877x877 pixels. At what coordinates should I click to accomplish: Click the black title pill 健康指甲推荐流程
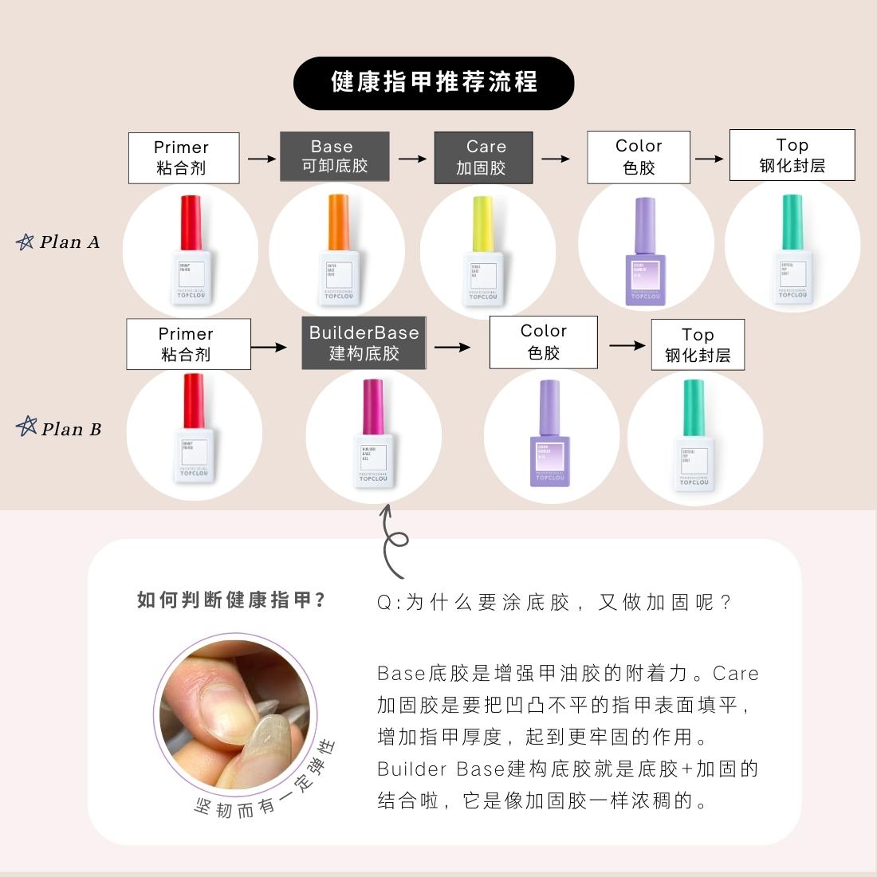[x=434, y=83]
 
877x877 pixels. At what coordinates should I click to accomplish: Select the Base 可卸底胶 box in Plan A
[x=334, y=156]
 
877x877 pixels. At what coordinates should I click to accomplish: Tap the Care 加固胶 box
[x=483, y=157]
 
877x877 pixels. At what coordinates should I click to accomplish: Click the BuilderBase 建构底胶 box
[x=364, y=343]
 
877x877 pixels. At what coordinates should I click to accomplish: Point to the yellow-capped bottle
[x=483, y=251]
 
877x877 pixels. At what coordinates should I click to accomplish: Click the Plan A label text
[x=70, y=242]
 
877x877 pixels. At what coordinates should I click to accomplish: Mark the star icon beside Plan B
[x=26, y=427]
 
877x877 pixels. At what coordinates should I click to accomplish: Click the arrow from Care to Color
[x=556, y=159]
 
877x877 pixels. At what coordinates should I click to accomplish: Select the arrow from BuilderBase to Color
[x=452, y=347]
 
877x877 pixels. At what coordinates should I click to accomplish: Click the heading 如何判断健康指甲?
[x=231, y=600]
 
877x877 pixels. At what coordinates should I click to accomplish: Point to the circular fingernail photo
[x=234, y=714]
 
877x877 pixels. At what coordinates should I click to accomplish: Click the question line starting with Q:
[x=554, y=603]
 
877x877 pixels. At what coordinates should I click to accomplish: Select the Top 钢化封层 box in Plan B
[x=698, y=344]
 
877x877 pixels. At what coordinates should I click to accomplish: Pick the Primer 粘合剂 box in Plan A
[x=183, y=158]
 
